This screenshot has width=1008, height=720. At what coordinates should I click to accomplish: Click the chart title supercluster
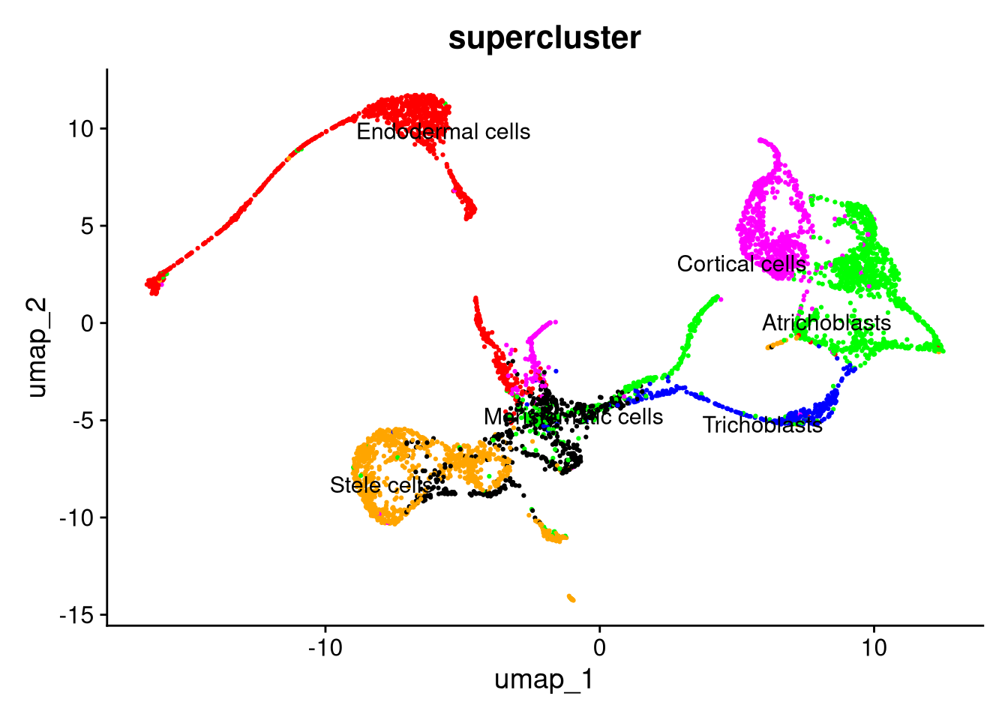[544, 37]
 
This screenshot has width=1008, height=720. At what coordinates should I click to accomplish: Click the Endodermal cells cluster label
[443, 132]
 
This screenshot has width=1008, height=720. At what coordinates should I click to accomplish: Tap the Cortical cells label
[742, 264]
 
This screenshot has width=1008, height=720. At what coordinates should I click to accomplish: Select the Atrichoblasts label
[826, 322]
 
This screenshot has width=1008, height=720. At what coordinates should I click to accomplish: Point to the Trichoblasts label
[763, 425]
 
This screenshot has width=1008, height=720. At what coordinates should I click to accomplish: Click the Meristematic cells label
[573, 416]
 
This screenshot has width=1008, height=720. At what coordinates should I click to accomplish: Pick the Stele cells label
[382, 485]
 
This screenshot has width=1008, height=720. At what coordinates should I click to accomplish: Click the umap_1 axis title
[544, 679]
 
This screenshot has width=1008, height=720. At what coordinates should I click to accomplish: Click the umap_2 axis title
[37, 347]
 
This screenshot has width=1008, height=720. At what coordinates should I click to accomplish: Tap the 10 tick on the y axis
[81, 129]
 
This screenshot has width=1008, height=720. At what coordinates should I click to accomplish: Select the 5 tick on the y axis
[88, 226]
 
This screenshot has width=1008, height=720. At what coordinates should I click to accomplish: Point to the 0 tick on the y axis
[88, 323]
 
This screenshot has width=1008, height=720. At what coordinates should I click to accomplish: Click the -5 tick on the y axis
[83, 421]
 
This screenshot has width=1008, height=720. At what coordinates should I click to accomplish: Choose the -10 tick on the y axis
[77, 517]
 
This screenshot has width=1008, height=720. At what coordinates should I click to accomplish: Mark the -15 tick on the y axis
[77, 615]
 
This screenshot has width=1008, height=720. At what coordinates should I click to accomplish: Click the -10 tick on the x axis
[325, 646]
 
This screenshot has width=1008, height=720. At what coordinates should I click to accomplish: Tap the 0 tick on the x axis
[600, 646]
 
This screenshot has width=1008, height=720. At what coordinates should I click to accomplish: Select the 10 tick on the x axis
[874, 646]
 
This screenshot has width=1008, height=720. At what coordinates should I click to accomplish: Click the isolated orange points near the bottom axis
[571, 598]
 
